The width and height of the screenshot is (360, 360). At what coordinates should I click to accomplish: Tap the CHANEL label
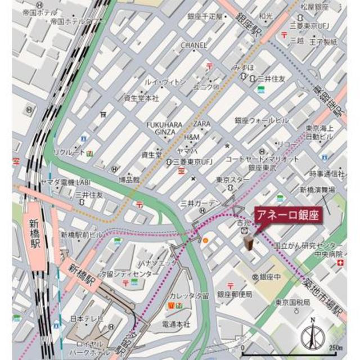(x=194, y=45)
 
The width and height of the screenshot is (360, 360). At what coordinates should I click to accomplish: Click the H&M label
(x=192, y=137)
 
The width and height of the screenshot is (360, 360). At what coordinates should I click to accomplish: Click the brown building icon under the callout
(x=248, y=242)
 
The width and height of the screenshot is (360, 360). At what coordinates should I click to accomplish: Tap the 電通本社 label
(x=177, y=324)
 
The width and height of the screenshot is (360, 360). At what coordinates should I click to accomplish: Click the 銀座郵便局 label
(x=235, y=294)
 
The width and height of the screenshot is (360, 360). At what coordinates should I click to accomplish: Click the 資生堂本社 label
(x=141, y=97)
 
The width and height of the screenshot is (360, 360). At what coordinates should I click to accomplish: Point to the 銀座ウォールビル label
(x=262, y=120)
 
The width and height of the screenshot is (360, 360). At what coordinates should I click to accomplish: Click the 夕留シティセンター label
(x=129, y=274)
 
